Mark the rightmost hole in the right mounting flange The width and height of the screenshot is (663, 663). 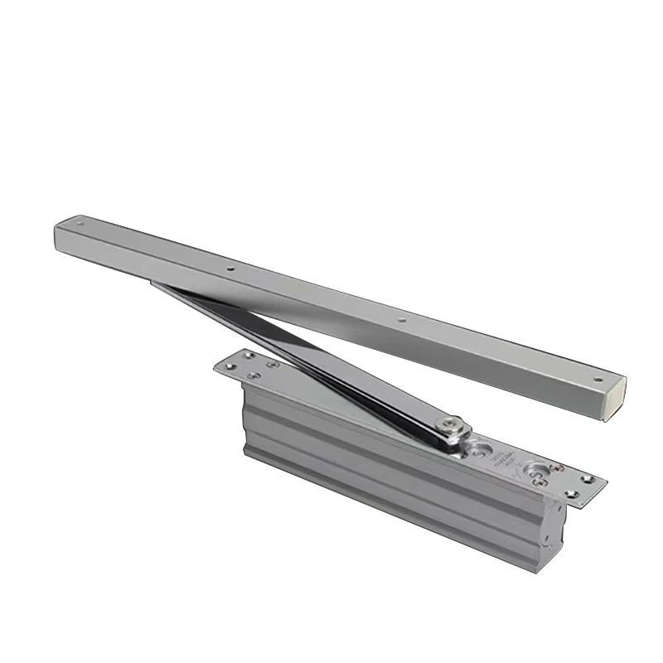click(x=590, y=478)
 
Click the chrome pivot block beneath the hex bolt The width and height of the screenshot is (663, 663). click(x=454, y=438)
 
